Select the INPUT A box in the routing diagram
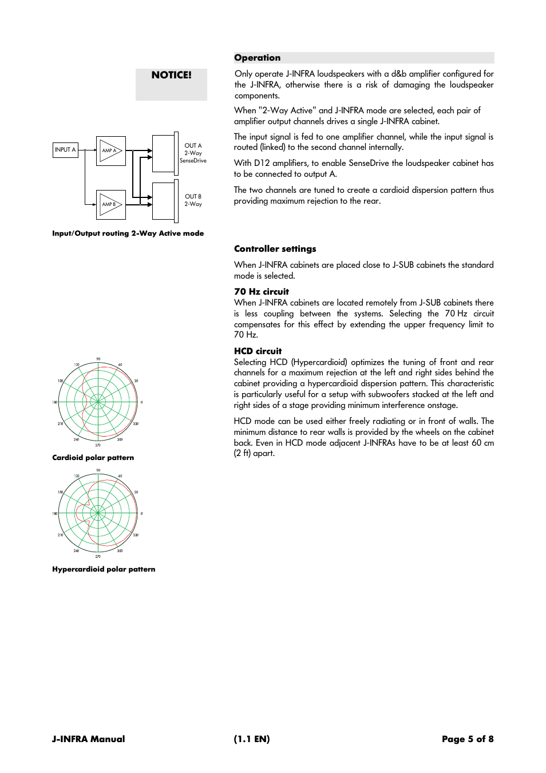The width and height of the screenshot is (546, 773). (x=65, y=150)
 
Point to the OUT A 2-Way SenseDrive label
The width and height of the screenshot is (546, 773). (x=193, y=153)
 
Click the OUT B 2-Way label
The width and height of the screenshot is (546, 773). (x=193, y=200)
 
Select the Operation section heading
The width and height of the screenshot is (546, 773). (x=258, y=58)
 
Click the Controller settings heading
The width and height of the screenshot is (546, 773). (x=275, y=249)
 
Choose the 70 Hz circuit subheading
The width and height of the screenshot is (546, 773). (x=262, y=292)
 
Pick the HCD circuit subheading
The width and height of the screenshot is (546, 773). (x=258, y=351)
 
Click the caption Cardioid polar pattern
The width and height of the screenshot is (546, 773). (x=93, y=458)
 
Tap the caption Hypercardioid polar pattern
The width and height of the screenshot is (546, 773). (x=104, y=569)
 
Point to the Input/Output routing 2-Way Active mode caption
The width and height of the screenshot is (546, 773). (x=128, y=233)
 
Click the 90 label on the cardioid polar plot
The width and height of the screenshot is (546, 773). (x=98, y=359)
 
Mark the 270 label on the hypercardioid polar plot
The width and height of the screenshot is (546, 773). (x=98, y=556)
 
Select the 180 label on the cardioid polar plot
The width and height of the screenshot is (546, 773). (x=55, y=402)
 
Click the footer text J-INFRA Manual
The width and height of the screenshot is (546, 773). (x=88, y=739)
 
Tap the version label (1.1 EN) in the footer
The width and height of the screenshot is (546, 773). (x=252, y=739)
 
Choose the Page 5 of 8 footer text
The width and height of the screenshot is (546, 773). (x=468, y=739)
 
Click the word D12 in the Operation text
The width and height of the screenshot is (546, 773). (x=262, y=163)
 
